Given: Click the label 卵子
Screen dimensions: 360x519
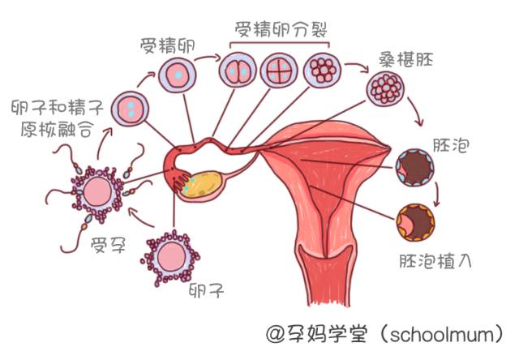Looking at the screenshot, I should (206, 289).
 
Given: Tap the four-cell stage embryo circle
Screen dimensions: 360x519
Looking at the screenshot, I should (278, 72).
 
